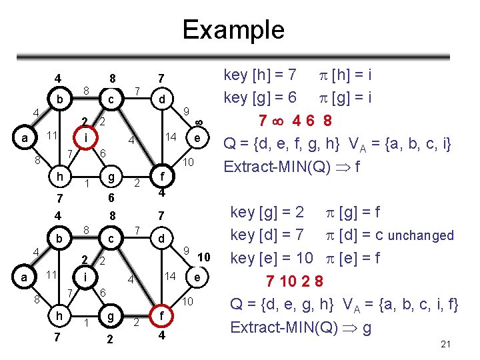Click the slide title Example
coord(233,29)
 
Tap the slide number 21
coord(447,343)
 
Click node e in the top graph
coord(197,138)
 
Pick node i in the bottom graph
coord(86,275)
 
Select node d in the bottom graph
coord(161,238)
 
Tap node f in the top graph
coord(162,177)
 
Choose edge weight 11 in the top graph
coord(51,135)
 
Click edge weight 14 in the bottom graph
coord(171,275)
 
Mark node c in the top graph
coord(111,100)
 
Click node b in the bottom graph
coord(60,238)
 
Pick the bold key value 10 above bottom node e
coord(205,257)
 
